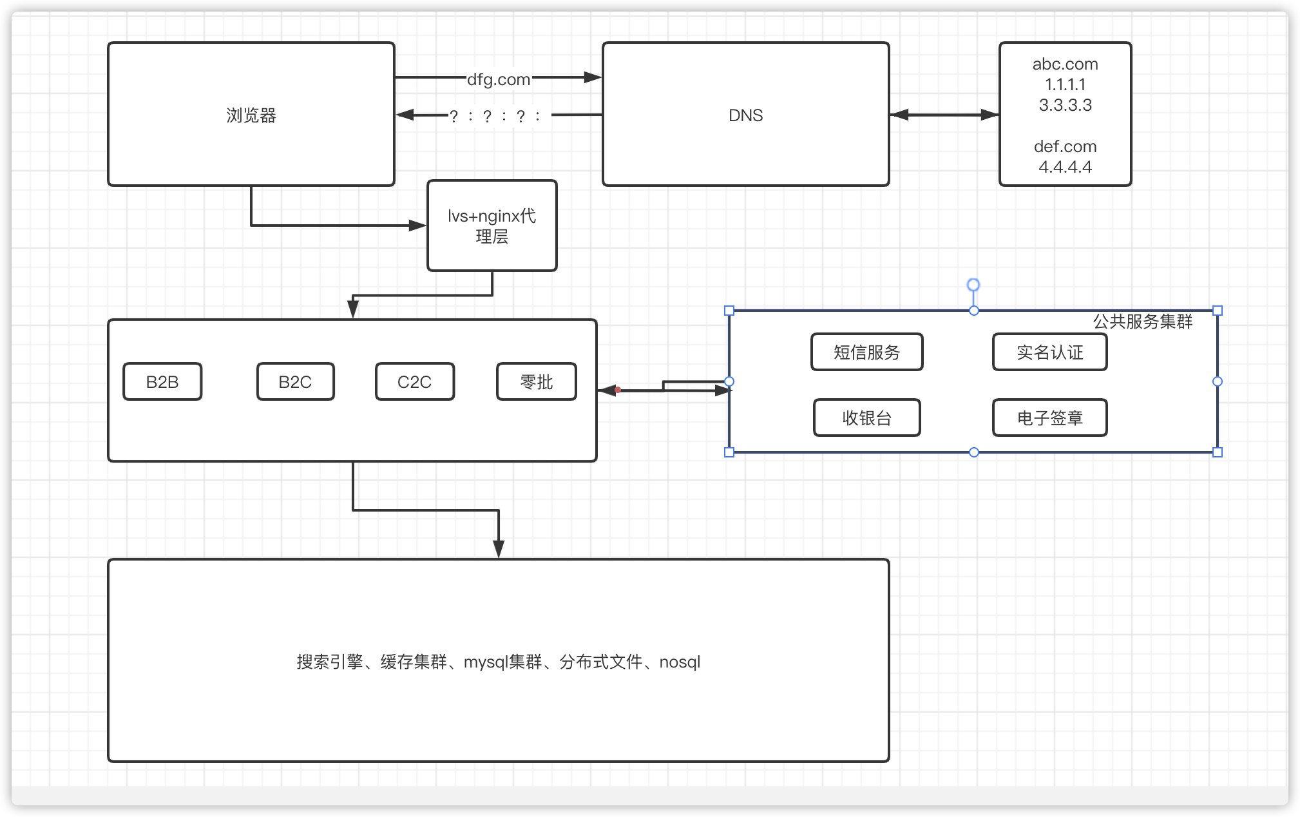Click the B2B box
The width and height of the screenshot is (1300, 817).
[162, 382]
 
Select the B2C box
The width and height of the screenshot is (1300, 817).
[296, 382]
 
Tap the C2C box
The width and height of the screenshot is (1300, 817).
[415, 382]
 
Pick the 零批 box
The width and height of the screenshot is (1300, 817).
[537, 382]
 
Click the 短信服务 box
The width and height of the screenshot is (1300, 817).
[866, 352]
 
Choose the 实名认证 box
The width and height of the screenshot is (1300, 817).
[1049, 352]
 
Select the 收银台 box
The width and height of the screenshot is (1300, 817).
[866, 418]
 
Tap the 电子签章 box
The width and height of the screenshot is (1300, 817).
[1049, 418]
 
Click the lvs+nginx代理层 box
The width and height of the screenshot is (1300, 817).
[492, 226]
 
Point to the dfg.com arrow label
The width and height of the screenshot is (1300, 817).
[499, 79]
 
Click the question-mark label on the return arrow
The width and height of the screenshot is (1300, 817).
[495, 117]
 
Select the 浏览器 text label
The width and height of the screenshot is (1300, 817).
[251, 115]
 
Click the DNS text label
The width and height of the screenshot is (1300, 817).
[745, 115]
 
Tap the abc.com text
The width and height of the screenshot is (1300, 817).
[1065, 64]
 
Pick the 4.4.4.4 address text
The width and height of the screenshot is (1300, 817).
[1065, 167]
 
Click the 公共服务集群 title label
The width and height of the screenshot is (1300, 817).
[1142, 322]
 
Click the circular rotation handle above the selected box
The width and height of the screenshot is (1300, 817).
[973, 285]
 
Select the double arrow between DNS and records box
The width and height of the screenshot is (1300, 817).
[944, 115]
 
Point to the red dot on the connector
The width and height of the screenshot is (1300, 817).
[618, 390]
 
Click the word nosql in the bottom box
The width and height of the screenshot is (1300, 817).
[680, 662]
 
